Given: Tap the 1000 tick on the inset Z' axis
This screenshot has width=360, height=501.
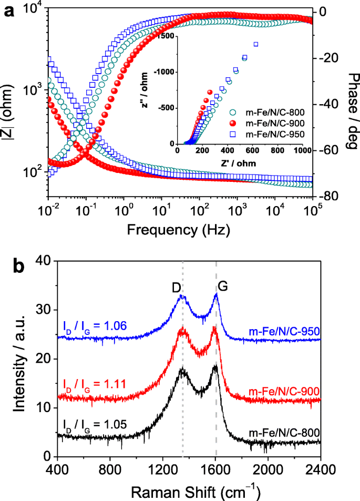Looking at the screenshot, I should coord(303,151).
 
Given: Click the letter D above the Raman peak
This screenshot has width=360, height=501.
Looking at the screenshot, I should coord(177,288).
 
